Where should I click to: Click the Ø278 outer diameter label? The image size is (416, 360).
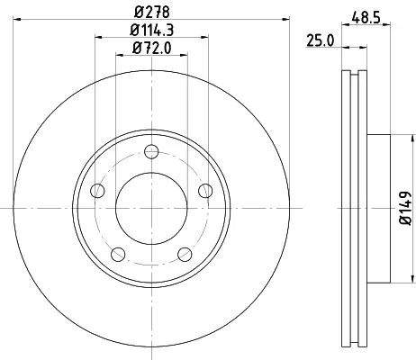[152, 12]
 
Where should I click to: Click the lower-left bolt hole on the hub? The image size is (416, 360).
[118, 253]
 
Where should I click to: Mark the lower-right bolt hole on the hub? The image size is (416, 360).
[185, 253]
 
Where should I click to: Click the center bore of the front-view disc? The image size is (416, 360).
[151, 207]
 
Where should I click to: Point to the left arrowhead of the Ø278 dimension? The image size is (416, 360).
[18, 21]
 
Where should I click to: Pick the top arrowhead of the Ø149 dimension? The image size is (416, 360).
[397, 138]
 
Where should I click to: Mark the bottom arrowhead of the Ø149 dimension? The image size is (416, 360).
[397, 277]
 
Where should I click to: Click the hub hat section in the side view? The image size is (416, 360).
[378, 207]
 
